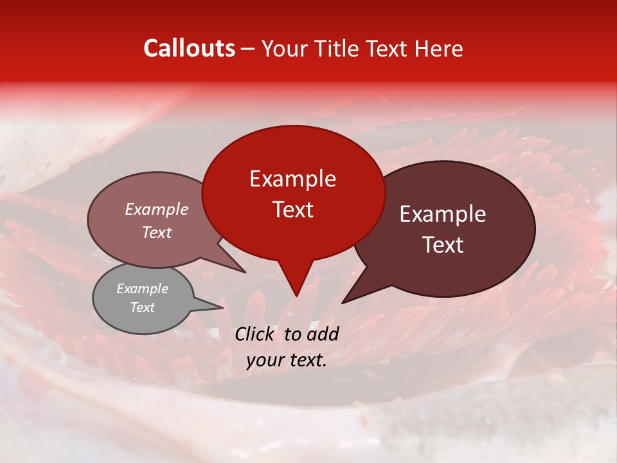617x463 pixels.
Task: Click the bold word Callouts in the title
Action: coord(189,48)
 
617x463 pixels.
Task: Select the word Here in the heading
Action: coord(438,48)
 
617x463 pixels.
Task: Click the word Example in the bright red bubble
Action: coord(292,179)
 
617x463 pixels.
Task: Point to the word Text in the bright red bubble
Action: coord(293,210)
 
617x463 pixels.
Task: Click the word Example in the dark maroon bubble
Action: coord(443,214)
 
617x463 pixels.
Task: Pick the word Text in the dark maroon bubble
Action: coord(443,245)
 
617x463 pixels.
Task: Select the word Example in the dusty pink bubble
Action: coord(157,210)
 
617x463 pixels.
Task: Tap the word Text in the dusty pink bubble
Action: coord(157,233)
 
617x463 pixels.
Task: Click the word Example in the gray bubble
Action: coord(142,289)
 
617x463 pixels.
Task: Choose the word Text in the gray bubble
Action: coord(142,307)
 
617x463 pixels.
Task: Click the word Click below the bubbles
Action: coord(256,334)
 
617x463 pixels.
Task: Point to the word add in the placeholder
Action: coord(323,334)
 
